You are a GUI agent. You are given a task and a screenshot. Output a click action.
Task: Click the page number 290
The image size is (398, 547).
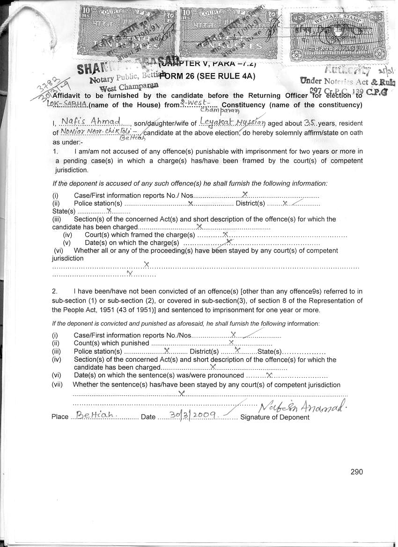pyautogui.click(x=356, y=472)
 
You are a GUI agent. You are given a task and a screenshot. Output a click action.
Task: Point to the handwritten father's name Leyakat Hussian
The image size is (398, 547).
pyautogui.click(x=232, y=122)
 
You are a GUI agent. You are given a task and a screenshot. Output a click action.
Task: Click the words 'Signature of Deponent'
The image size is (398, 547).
pyautogui.click(x=274, y=417)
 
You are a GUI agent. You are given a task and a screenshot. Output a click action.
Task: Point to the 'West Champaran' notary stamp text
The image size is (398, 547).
pyautogui.click(x=130, y=88)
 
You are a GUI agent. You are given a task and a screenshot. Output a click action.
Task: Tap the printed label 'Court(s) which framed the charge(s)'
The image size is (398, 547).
pyautogui.click(x=140, y=235)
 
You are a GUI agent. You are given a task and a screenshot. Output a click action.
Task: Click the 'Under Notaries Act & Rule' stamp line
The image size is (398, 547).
pyautogui.click(x=345, y=80)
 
